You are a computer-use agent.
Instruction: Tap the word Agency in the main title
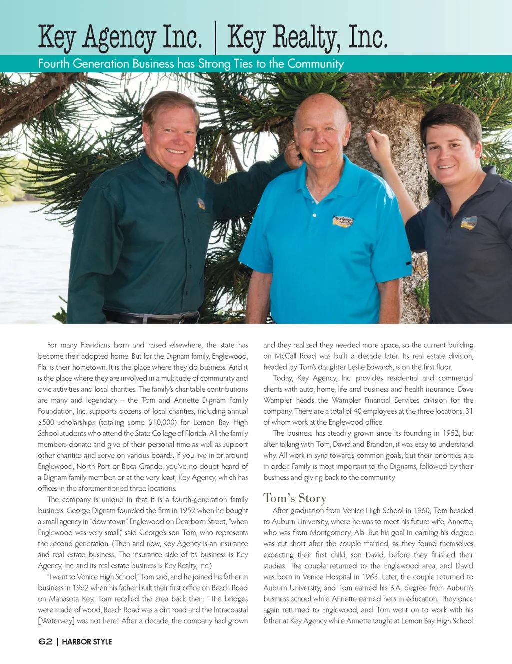[x=119, y=38]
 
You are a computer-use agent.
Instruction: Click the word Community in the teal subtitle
[x=315, y=64]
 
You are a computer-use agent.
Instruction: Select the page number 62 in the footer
[x=45, y=641]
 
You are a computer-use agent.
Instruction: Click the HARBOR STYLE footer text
[x=87, y=642]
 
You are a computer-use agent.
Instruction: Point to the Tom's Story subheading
[x=295, y=498]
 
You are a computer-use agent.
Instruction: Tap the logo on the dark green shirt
[x=201, y=204]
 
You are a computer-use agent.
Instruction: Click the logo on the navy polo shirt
[x=468, y=223]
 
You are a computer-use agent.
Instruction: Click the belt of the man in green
[x=150, y=317]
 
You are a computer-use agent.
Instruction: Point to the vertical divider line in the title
[x=215, y=38]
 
